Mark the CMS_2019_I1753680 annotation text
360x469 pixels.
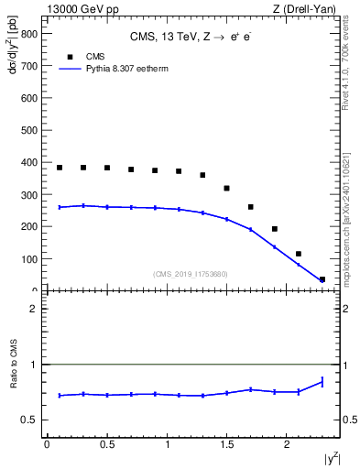point(190,273)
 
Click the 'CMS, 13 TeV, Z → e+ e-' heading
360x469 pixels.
point(190,38)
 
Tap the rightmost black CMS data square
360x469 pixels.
point(322,279)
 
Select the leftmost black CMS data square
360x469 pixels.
point(60,168)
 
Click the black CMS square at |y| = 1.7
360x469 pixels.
point(251,207)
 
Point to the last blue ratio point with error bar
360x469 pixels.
point(322,382)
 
